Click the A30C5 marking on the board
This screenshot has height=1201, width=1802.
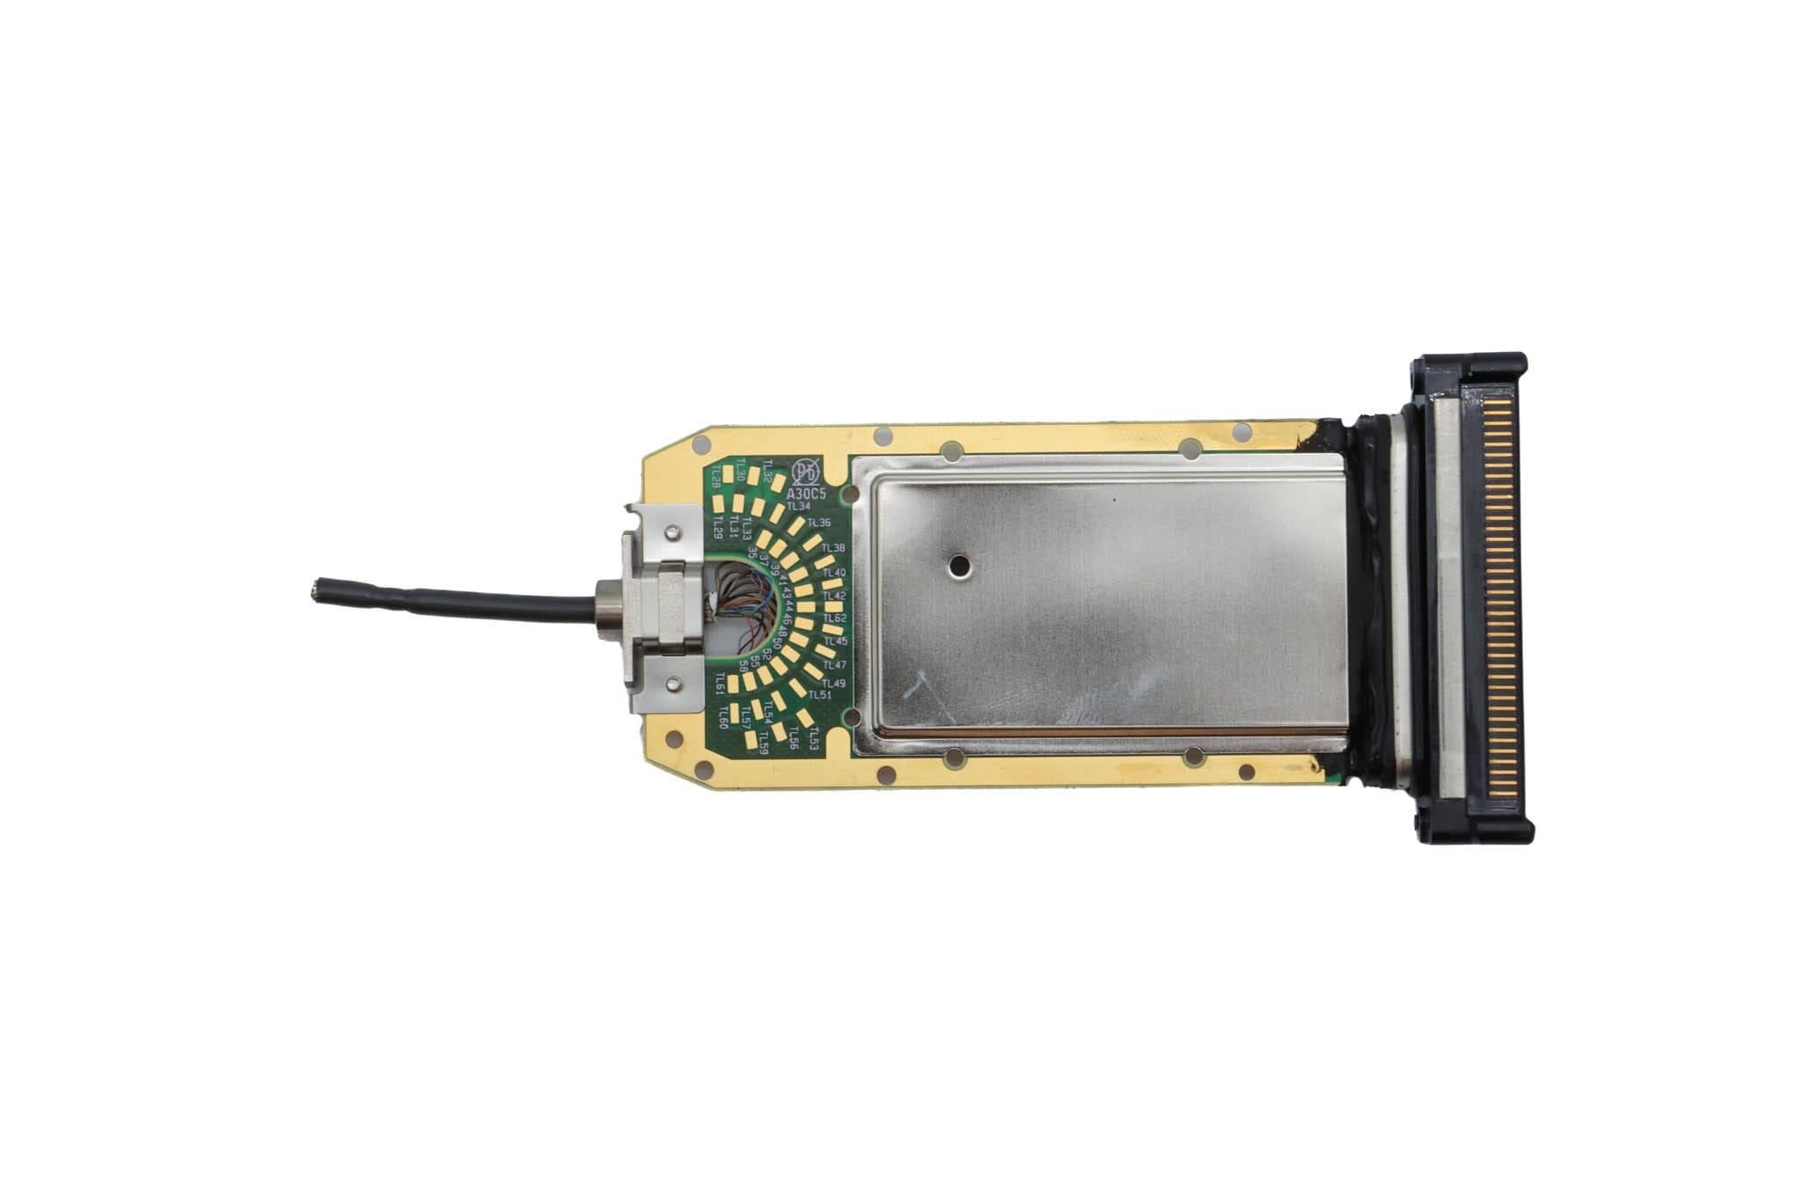810,494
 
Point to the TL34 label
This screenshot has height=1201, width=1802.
798,507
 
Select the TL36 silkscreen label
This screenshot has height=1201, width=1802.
818,524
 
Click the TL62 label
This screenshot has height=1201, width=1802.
834,619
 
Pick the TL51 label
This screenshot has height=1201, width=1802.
820,695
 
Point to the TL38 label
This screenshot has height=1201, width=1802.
832,548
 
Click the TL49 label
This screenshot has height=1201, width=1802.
833,684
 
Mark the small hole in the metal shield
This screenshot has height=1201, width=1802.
956,566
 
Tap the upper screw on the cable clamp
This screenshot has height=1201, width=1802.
672,531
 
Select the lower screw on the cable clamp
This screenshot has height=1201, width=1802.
672,680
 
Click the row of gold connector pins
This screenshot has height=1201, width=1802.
1505,599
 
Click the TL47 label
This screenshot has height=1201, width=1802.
833,664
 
